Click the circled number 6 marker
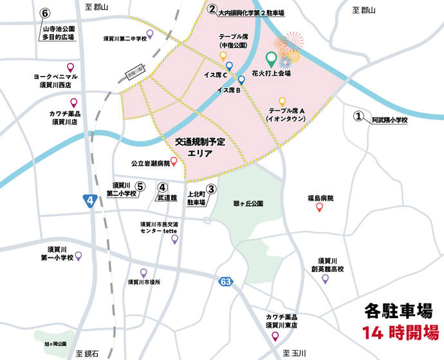tap(45, 14)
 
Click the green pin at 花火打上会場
tap(272, 60)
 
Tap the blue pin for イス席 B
tap(241, 80)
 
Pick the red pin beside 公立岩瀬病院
tap(174, 162)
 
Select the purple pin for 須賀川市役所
tap(143, 273)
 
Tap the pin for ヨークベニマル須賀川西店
tap(70, 67)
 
